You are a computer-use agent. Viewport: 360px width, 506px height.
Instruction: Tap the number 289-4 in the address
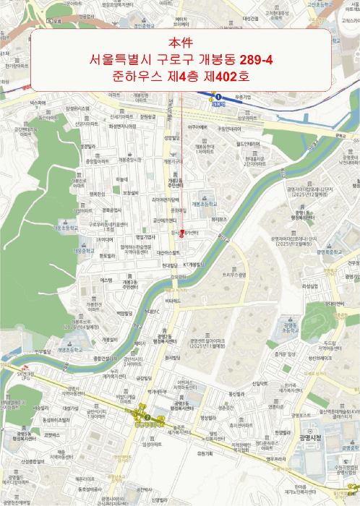[251, 59]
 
